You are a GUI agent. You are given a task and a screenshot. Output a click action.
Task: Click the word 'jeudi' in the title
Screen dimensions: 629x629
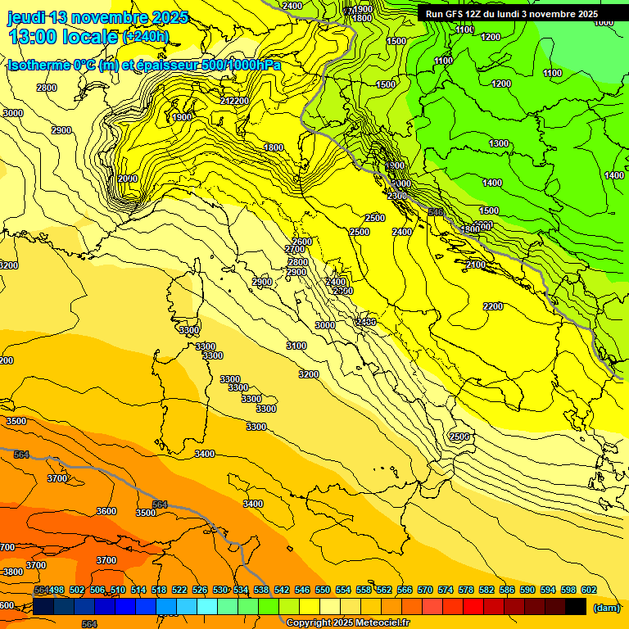coord(26,17)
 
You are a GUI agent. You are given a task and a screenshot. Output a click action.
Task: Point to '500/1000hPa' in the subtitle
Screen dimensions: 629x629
coord(245,65)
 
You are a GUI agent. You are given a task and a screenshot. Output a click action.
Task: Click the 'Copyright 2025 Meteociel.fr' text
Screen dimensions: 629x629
coord(348,622)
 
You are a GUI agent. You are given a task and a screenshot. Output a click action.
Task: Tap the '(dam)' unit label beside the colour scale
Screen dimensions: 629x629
coord(606,608)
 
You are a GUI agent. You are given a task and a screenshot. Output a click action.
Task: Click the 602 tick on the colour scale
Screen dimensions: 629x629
coord(588,590)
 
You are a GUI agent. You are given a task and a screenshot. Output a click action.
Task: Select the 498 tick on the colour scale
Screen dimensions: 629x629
coord(57,590)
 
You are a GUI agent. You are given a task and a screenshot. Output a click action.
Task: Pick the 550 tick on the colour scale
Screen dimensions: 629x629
coord(322,590)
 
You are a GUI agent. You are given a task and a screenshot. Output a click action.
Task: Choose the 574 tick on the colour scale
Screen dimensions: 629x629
coord(446,590)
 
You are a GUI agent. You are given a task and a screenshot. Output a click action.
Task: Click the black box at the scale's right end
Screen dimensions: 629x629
coord(576,606)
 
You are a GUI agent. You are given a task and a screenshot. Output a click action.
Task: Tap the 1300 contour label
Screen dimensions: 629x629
coord(498,143)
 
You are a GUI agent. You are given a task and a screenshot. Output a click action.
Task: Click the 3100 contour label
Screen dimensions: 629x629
coord(296,346)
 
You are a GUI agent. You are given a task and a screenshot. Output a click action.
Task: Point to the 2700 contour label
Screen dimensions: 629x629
coord(295,250)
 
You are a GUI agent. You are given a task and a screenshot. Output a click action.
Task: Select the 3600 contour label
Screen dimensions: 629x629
coord(106,511)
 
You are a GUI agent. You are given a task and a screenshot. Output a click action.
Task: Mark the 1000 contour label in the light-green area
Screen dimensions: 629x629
coord(603,22)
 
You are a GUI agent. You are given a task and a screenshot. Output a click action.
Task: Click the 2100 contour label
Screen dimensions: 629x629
coord(475,265)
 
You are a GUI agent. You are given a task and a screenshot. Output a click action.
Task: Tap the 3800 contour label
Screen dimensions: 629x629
coord(12,572)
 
